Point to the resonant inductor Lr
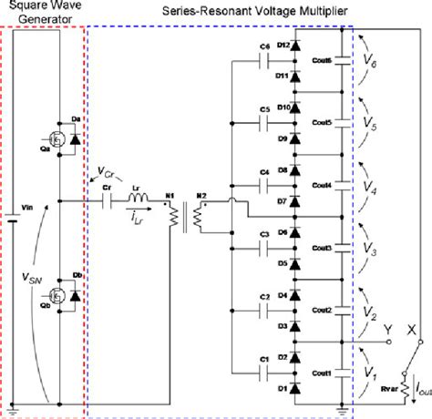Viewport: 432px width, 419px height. point(139,199)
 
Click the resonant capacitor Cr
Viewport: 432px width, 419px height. point(108,199)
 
